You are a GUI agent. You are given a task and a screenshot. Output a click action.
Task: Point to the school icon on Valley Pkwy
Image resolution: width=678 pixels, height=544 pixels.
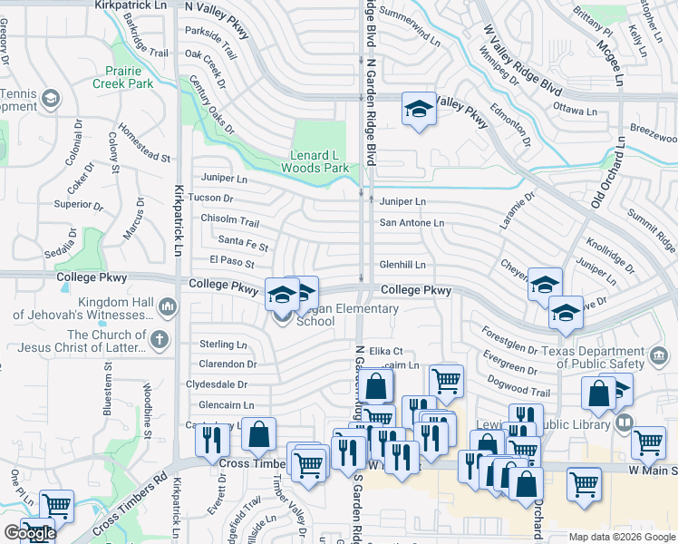point(417,111)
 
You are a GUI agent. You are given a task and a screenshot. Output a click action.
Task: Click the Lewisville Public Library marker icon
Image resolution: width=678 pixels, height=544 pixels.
point(624,423)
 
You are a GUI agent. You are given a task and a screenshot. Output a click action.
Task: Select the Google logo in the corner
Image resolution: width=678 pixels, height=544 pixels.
point(29,533)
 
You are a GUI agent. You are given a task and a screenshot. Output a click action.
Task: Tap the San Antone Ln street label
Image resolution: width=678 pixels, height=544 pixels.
point(412,223)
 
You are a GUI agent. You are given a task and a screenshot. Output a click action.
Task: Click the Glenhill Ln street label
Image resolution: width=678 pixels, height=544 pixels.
point(402,264)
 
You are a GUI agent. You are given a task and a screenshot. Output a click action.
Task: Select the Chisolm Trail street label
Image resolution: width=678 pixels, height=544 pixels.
point(229,221)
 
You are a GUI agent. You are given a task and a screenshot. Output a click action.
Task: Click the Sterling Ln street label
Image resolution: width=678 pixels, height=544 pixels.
point(223,345)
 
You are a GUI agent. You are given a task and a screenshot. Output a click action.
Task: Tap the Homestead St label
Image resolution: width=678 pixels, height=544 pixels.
point(144,145)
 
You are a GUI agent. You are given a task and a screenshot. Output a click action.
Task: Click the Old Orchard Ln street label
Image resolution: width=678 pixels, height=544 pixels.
point(608,173)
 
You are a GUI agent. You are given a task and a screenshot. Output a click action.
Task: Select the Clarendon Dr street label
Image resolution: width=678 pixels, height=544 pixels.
point(228,364)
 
